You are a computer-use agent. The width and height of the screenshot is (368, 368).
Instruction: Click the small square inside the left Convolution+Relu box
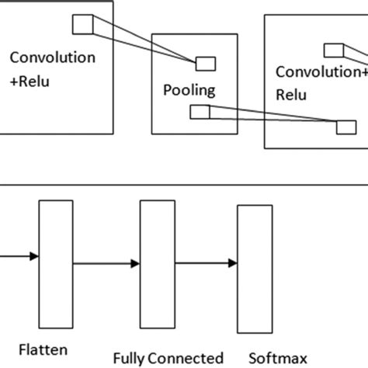click(x=82, y=26)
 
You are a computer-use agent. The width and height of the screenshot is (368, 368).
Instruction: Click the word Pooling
click(x=189, y=90)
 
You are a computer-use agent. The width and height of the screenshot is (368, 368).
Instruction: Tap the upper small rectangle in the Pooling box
click(x=205, y=64)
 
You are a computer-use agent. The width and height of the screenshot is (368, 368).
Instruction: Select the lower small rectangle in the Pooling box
click(x=200, y=113)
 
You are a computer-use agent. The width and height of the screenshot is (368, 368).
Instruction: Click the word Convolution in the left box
click(x=53, y=58)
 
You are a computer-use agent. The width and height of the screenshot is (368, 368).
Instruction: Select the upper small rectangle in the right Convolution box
click(x=333, y=51)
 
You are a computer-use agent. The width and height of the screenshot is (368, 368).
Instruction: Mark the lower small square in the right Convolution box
click(x=343, y=127)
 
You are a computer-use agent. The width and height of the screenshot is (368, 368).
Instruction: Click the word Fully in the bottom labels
click(x=129, y=359)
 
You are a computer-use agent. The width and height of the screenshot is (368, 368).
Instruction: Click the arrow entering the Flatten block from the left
click(x=19, y=255)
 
